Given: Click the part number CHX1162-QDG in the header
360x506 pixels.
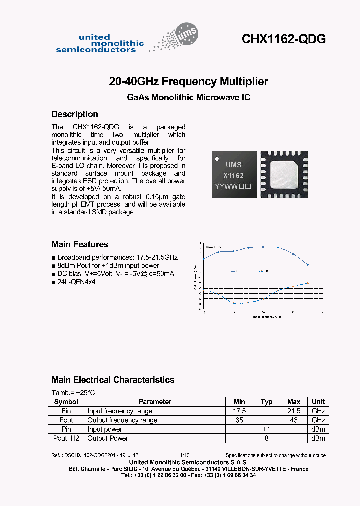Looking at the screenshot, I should coord(284,39).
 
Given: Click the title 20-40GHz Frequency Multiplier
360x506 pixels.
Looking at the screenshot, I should coord(188,81).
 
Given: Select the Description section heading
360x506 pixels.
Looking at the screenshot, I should coord(75,114).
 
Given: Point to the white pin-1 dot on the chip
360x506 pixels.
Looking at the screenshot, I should coord(217,159).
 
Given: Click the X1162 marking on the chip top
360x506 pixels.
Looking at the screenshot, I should coord(233,176).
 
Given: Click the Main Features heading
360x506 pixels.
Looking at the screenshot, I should coord(80,244).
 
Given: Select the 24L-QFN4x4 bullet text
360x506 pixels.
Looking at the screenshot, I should coord(75,282).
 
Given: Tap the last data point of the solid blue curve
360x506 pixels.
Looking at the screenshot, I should coord(308,264).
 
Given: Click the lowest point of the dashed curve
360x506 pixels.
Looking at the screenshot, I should coord(234,304).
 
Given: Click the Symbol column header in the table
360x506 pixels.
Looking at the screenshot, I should coord(66,402).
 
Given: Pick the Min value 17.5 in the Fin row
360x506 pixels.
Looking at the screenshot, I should coord(239,411).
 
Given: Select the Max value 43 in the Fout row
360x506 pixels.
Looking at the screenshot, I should coord(294,420).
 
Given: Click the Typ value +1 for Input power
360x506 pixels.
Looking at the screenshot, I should coord(266,429).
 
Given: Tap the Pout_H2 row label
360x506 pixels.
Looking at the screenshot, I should coord(66,438).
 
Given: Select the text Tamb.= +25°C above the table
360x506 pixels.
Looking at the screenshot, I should coord(74,392).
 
